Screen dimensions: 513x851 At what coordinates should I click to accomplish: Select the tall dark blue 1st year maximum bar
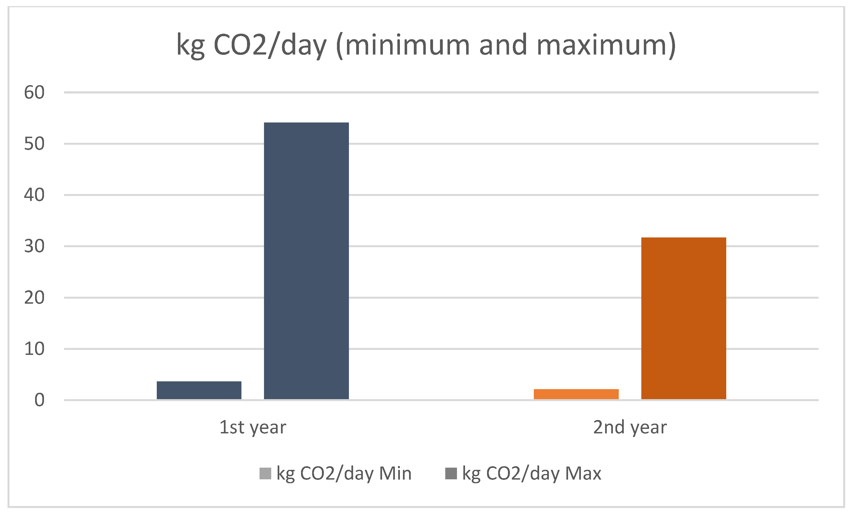[x=306, y=261]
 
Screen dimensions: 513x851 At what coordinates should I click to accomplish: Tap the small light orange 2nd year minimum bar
[x=576, y=394]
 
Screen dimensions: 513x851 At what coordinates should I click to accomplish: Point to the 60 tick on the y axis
[x=34, y=92]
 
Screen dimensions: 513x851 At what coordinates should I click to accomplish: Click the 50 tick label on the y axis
[x=34, y=144]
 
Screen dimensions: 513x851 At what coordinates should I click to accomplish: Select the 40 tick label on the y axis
[x=34, y=195]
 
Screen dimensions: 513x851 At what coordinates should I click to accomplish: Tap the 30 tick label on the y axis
[x=34, y=246]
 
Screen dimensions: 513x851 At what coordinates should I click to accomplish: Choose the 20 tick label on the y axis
[x=34, y=298]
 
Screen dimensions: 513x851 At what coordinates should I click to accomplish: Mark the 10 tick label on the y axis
[x=34, y=349]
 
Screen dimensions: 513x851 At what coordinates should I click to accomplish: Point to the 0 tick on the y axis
[x=39, y=400]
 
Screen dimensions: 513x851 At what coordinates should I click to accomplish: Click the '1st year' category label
[x=253, y=427]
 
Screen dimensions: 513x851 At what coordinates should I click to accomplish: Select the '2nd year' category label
[x=630, y=427]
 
